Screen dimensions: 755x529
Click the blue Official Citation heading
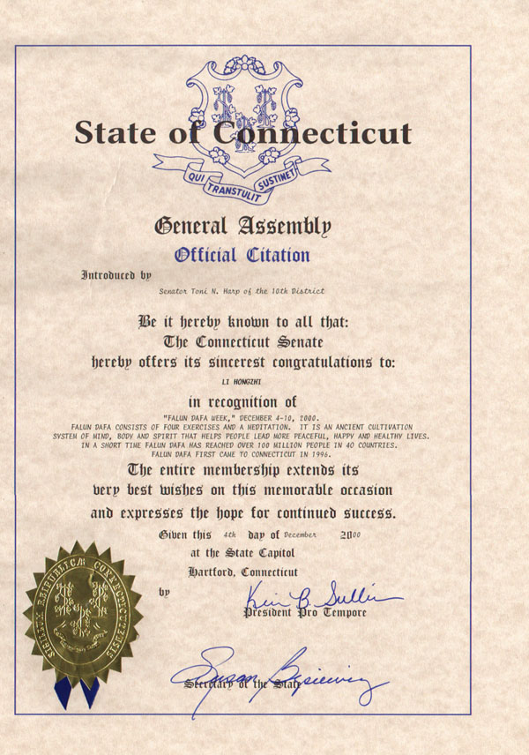(242, 256)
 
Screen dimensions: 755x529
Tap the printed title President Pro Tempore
(304, 613)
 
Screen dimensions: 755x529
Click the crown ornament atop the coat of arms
(238, 65)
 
